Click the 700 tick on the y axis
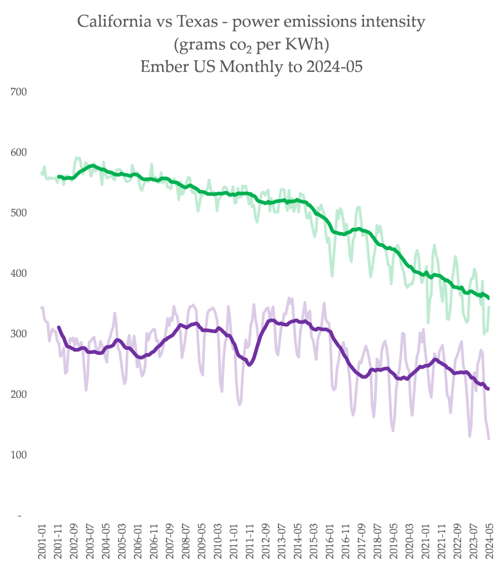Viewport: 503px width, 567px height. tap(19, 91)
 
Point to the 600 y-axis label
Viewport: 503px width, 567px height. tap(19, 152)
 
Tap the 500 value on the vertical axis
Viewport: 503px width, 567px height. tap(19, 213)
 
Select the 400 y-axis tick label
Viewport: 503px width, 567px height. tap(19, 274)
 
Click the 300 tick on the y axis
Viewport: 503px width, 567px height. tap(19, 334)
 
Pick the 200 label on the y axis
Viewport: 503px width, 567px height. tap(19, 394)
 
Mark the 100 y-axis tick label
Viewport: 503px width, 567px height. tap(19, 455)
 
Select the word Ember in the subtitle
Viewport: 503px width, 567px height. tap(159, 66)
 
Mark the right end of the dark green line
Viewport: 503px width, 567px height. tap(488, 298)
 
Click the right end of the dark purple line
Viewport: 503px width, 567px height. tap(488, 389)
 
